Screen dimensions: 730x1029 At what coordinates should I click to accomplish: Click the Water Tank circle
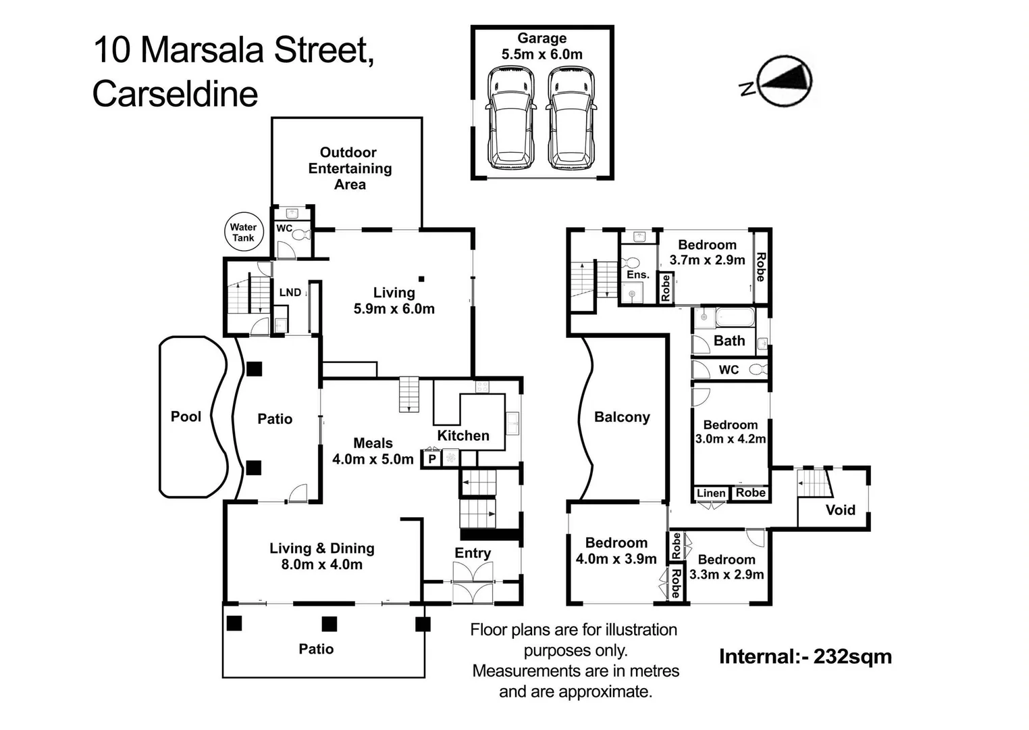coord(243,233)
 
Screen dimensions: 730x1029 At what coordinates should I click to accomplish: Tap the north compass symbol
coord(783,81)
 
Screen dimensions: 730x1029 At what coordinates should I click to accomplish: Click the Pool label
coord(186,416)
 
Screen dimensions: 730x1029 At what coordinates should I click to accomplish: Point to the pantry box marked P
coord(431,459)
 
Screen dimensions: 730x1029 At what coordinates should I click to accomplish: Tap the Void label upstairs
coord(840,510)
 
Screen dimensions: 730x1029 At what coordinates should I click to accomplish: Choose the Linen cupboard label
coord(710,493)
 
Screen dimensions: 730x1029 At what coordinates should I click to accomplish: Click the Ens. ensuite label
coord(637,274)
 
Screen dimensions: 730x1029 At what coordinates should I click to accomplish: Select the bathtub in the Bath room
coord(735,316)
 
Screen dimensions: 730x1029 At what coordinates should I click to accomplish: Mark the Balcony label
coord(622,417)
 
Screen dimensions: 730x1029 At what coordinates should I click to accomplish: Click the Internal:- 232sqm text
coord(805,656)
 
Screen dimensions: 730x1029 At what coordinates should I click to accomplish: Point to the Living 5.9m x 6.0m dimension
coord(394,309)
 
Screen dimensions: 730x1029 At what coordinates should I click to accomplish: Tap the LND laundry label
coord(290,292)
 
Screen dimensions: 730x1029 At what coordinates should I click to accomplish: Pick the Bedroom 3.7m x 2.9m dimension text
coord(707,260)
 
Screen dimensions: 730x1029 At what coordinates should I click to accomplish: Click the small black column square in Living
coord(421,278)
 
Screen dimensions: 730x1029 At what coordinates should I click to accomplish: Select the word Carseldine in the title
coord(175,94)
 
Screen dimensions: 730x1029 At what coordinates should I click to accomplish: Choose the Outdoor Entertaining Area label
coord(349,168)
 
